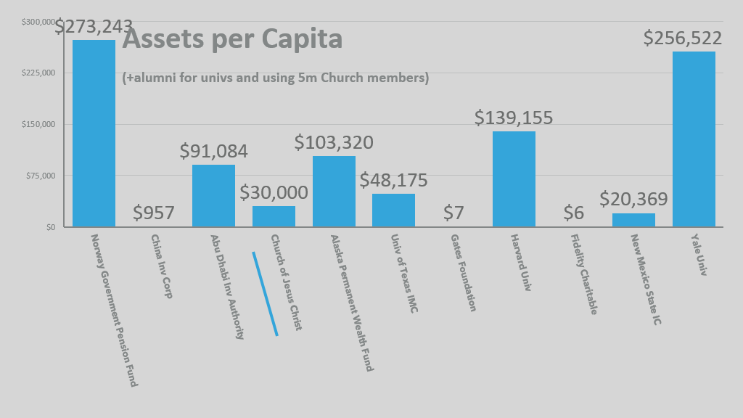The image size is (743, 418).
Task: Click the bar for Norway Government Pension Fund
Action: click(x=94, y=134)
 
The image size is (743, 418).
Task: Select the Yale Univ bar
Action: click(x=694, y=139)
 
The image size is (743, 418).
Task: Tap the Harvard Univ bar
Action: click(x=514, y=179)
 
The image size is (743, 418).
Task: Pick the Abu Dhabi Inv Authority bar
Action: click(x=213, y=196)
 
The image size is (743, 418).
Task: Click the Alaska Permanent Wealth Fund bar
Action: click(x=334, y=192)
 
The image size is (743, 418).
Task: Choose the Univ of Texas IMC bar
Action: click(x=393, y=210)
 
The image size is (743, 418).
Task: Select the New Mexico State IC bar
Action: click(x=633, y=220)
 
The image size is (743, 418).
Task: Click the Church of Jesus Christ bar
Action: click(x=274, y=216)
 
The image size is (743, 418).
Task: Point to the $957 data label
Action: click(x=154, y=213)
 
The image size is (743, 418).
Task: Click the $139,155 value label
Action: click(x=514, y=118)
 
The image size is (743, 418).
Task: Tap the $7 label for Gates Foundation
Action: click(x=453, y=213)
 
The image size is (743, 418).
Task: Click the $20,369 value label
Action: click(x=633, y=199)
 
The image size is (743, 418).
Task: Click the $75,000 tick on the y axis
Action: click(x=40, y=176)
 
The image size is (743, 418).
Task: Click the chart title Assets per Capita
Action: click(x=232, y=39)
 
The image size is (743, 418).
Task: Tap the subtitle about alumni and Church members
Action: click(x=276, y=78)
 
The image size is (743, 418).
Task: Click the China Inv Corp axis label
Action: click(x=161, y=266)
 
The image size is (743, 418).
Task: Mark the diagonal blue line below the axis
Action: click(x=265, y=294)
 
